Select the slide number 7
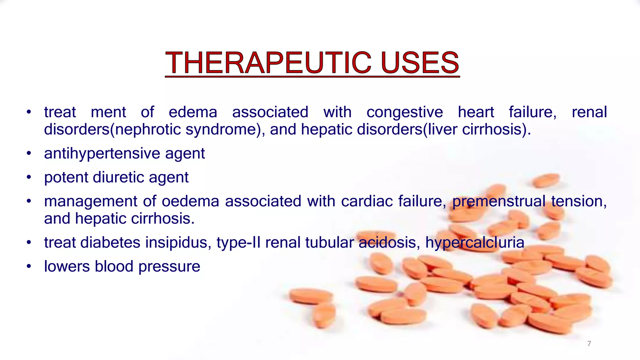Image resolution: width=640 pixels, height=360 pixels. (589, 343)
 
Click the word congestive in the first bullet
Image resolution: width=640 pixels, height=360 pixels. (405, 112)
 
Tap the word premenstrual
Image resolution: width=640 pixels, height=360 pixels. (499, 202)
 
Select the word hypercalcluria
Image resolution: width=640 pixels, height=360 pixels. (475, 243)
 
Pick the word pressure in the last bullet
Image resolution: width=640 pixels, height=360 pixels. (169, 267)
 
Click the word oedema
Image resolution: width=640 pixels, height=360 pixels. (190, 201)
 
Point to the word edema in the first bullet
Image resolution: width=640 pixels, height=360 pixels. (193, 112)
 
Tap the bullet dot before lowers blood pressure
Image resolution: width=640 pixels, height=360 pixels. (29, 267)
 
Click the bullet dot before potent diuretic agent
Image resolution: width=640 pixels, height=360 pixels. (29, 177)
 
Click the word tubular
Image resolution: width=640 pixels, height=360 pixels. (329, 243)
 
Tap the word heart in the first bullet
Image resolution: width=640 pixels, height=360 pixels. (476, 112)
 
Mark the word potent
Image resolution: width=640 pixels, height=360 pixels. (66, 177)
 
